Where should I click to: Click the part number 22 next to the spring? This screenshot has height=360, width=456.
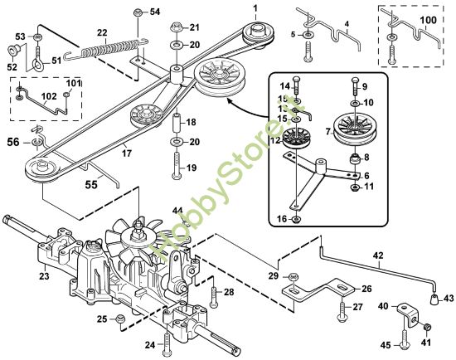(102, 32)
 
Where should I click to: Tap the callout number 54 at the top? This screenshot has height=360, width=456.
(155, 12)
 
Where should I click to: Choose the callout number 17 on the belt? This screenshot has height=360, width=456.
(127, 152)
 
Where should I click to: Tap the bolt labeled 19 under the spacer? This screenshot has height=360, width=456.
(175, 171)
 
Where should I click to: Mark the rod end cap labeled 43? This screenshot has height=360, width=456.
(435, 296)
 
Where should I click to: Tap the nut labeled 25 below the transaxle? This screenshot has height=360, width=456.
(119, 318)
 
